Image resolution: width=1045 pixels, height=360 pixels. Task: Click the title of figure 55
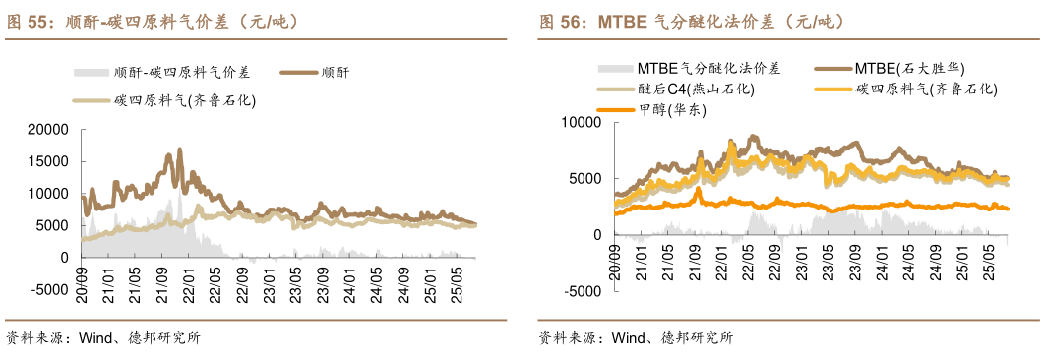click(x=153, y=21)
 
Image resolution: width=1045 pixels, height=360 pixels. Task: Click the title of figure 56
click(x=690, y=21)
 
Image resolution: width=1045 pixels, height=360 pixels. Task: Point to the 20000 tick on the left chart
click(x=48, y=129)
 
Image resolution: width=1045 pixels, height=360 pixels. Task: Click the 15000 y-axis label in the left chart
click(x=48, y=160)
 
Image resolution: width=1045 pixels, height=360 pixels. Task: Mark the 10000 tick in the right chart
click(x=581, y=122)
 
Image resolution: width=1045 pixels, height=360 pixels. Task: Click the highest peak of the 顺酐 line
click(x=180, y=150)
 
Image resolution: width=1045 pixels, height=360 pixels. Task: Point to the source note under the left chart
click(x=103, y=338)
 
